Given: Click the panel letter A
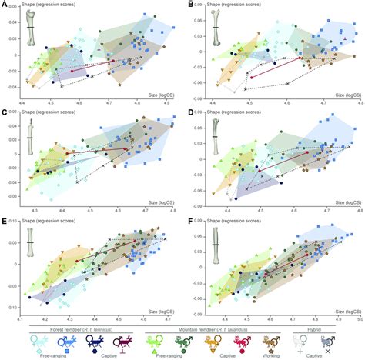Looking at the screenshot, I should coord(5,5).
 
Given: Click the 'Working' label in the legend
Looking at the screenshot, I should coord(278,356).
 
